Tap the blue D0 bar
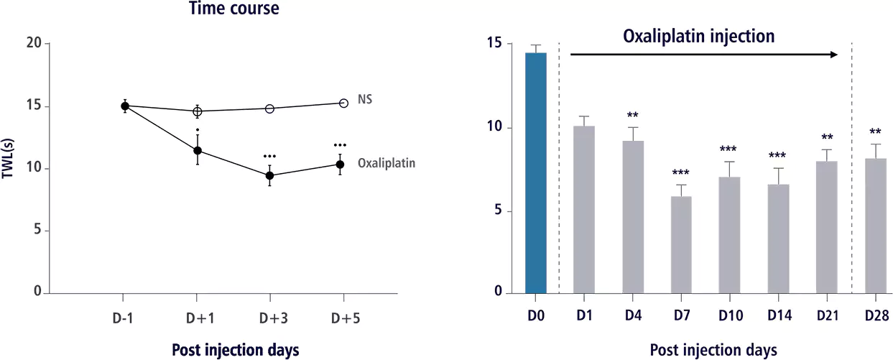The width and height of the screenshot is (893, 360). [535, 172]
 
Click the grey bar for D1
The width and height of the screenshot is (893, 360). [584, 209]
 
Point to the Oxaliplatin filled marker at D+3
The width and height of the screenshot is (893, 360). [269, 175]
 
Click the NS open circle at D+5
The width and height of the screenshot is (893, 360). [343, 103]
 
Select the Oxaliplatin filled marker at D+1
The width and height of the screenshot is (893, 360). [197, 151]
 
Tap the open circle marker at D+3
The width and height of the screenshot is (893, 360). [269, 109]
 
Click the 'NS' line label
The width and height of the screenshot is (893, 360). [364, 99]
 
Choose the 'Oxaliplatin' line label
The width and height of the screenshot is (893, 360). [387, 163]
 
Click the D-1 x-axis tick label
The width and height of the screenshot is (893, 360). [124, 317]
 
